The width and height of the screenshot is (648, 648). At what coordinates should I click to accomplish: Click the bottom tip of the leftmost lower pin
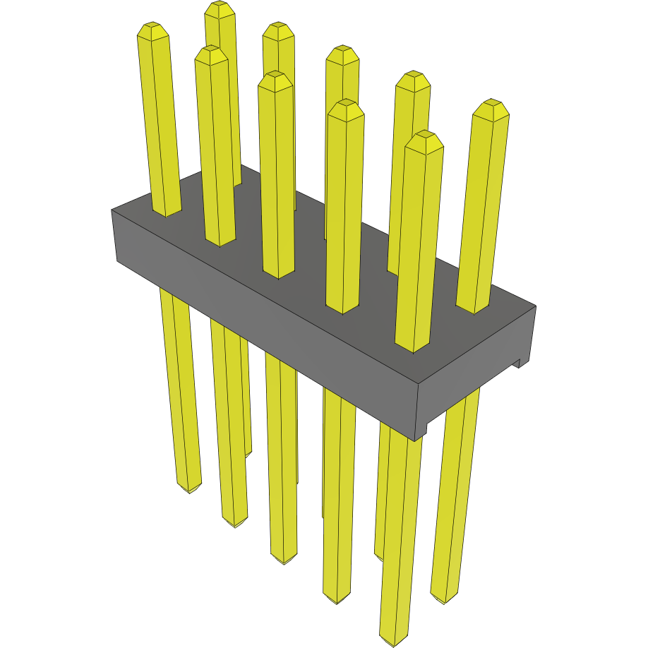189,491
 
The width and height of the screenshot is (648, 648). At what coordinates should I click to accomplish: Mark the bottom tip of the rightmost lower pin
444,601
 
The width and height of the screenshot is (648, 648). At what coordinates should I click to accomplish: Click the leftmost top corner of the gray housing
112,210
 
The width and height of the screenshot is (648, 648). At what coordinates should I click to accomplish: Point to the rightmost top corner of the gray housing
535,306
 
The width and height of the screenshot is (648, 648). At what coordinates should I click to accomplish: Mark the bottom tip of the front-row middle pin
284,563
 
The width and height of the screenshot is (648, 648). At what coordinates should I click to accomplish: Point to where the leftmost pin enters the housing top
167,214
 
